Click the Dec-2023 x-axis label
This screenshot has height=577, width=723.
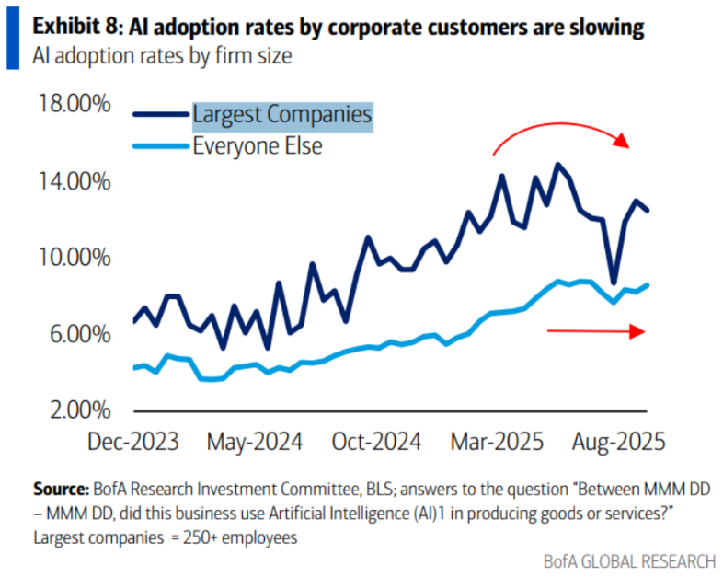(133, 442)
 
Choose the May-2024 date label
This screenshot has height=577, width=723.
(255, 442)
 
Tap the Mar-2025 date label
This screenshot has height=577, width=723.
(496, 442)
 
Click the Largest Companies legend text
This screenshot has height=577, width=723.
(281, 115)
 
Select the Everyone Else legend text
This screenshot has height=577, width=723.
(258, 145)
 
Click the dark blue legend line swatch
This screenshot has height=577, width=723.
(160, 115)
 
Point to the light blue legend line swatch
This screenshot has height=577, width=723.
(160, 145)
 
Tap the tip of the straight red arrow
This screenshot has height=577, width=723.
(642, 333)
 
